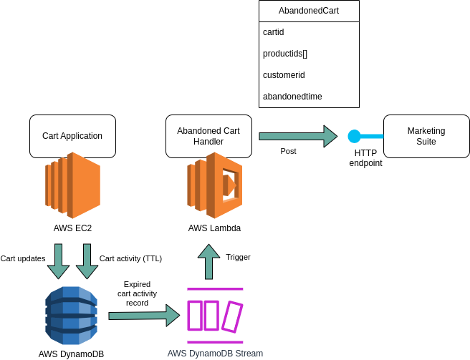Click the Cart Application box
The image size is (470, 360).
pyautogui.click(x=72, y=136)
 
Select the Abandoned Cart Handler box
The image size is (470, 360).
pyautogui.click(x=208, y=136)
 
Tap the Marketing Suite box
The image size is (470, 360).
pyautogui.click(x=426, y=136)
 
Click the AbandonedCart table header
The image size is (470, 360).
pyautogui.click(x=309, y=11)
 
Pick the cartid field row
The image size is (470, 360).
pyautogui.click(x=309, y=32)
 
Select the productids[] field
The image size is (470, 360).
pyautogui.click(x=309, y=54)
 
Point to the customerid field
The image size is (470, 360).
pyautogui.click(x=309, y=75)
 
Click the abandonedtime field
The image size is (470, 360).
pyautogui.click(x=309, y=97)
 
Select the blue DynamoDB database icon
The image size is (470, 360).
pyautogui.click(x=71, y=316)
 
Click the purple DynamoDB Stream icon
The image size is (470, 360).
pyautogui.click(x=215, y=316)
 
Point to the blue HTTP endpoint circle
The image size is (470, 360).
pyautogui.click(x=354, y=136)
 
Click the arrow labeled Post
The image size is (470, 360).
pyautogui.click(x=297, y=136)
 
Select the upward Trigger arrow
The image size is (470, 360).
pyautogui.click(x=208, y=261)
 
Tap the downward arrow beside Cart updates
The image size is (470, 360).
pyautogui.click(x=58, y=261)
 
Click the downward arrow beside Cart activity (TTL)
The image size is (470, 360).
pyautogui.click(x=87, y=261)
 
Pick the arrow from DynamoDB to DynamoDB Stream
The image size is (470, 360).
pyautogui.click(x=143, y=315)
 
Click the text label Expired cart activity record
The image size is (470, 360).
pyautogui.click(x=137, y=293)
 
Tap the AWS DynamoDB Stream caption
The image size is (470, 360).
pyautogui.click(x=215, y=354)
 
